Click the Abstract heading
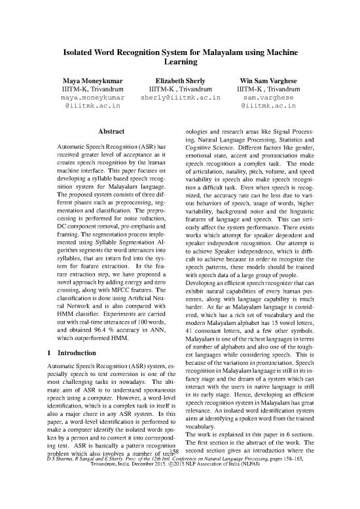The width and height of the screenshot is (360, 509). pyautogui.click(x=109, y=130)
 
